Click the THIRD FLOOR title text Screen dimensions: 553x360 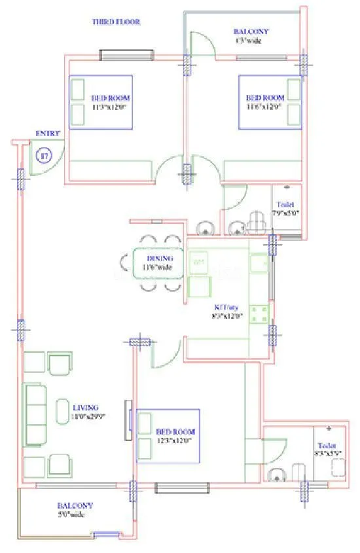pyautogui.click(x=117, y=22)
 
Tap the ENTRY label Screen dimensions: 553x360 pyautogui.click(x=48, y=134)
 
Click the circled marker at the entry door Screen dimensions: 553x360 pyautogui.click(x=45, y=156)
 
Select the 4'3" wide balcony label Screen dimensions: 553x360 pyautogui.click(x=251, y=35)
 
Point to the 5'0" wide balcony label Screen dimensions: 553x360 pyautogui.click(x=75, y=510)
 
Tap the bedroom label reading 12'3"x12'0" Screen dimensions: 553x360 pyautogui.click(x=175, y=437)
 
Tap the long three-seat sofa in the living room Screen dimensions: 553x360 pyautogui.click(x=33, y=414)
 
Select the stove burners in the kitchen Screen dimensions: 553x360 pyautogui.click(x=260, y=313)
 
